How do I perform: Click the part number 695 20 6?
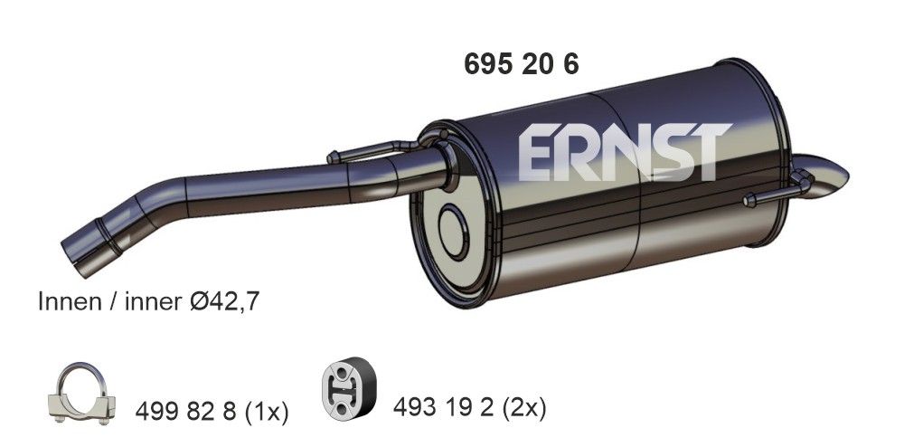pos(521,64)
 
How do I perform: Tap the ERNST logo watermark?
pos(623,152)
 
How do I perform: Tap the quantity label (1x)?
pos(267,413)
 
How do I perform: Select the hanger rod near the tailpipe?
pos(768,196)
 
